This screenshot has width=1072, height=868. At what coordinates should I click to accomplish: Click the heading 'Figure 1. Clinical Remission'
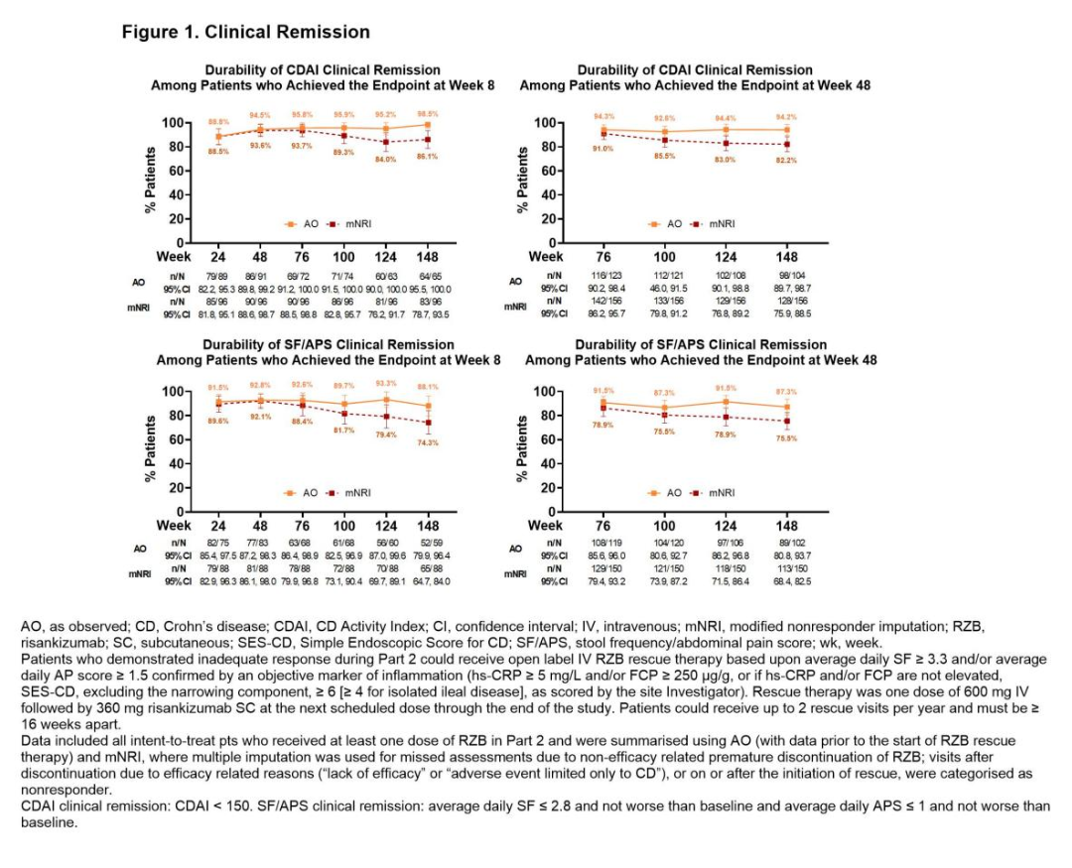pos(245,32)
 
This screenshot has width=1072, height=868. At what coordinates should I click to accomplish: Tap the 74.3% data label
pos(428,442)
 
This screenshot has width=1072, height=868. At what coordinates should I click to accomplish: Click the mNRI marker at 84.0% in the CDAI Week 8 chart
pos(386,142)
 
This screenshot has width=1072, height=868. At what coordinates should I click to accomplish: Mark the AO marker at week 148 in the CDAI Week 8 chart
pos(428,125)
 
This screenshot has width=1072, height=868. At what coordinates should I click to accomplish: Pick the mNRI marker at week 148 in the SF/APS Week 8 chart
pos(428,423)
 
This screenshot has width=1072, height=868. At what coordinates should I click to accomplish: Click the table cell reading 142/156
pos(603,301)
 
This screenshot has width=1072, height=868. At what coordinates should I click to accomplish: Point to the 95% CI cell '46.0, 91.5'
pos(665,287)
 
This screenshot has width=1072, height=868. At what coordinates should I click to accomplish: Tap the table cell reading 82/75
pos(218,543)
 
